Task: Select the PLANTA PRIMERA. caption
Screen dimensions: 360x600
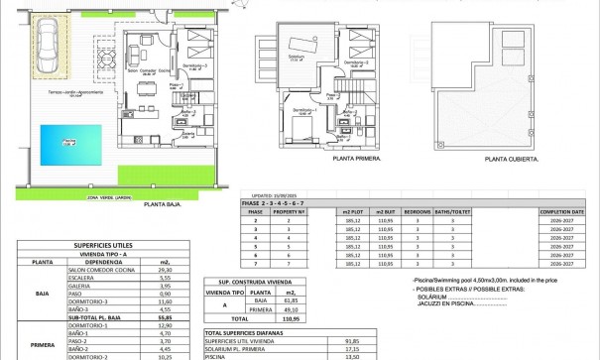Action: click(329, 158)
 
